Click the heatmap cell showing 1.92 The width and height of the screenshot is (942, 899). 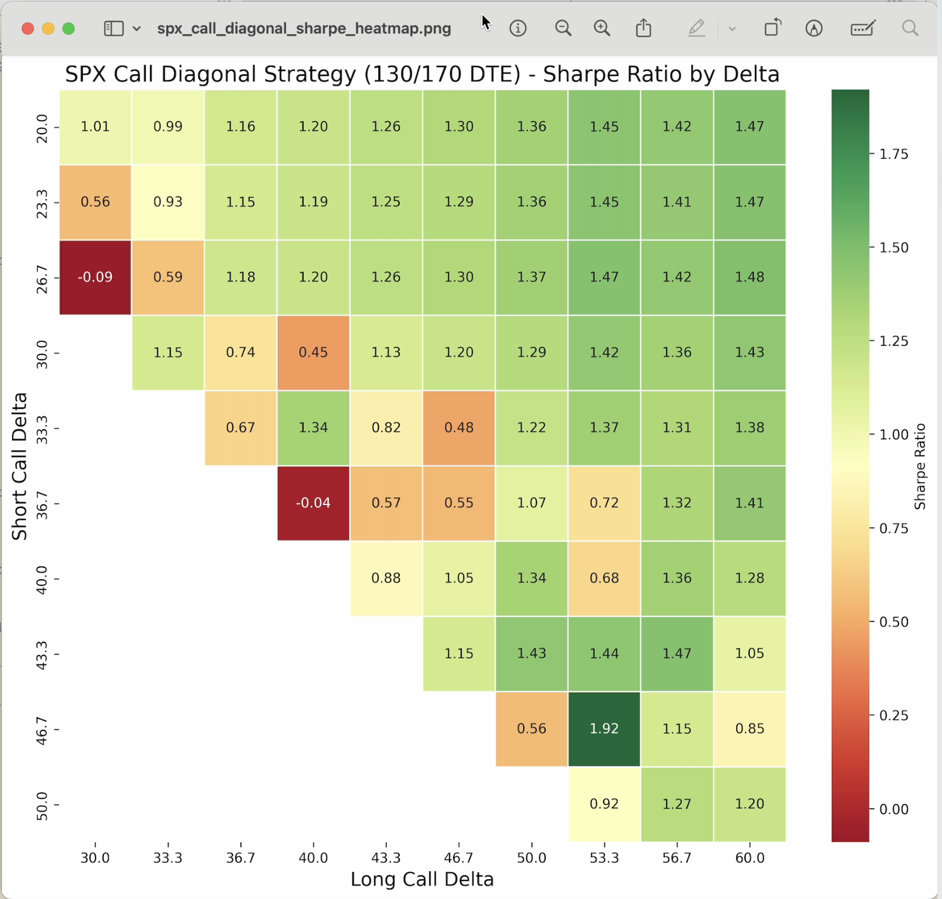coord(604,729)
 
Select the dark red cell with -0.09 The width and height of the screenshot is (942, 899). coord(95,277)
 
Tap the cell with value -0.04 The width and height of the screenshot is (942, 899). coord(313,503)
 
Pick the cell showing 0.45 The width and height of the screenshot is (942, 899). coord(313,352)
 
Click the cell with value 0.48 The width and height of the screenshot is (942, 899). coord(459,427)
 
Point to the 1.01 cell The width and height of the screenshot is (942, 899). coord(95,126)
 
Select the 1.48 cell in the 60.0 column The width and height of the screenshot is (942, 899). coord(750,277)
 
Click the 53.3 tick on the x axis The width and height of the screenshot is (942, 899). coord(604,858)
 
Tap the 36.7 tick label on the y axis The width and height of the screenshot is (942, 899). coord(42,503)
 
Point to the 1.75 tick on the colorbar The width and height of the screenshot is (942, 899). coord(893,154)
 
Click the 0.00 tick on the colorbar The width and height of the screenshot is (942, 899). coord(893,809)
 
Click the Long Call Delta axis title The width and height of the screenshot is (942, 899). coord(422,879)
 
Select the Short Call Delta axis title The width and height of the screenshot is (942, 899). coord(19,466)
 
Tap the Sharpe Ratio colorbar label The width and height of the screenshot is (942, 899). coord(920,466)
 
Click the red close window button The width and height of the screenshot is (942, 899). coord(27,28)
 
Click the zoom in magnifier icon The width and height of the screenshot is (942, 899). coord(602,28)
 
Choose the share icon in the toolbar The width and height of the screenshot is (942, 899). coord(644,28)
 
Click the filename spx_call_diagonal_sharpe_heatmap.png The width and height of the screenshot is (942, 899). coord(304,28)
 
